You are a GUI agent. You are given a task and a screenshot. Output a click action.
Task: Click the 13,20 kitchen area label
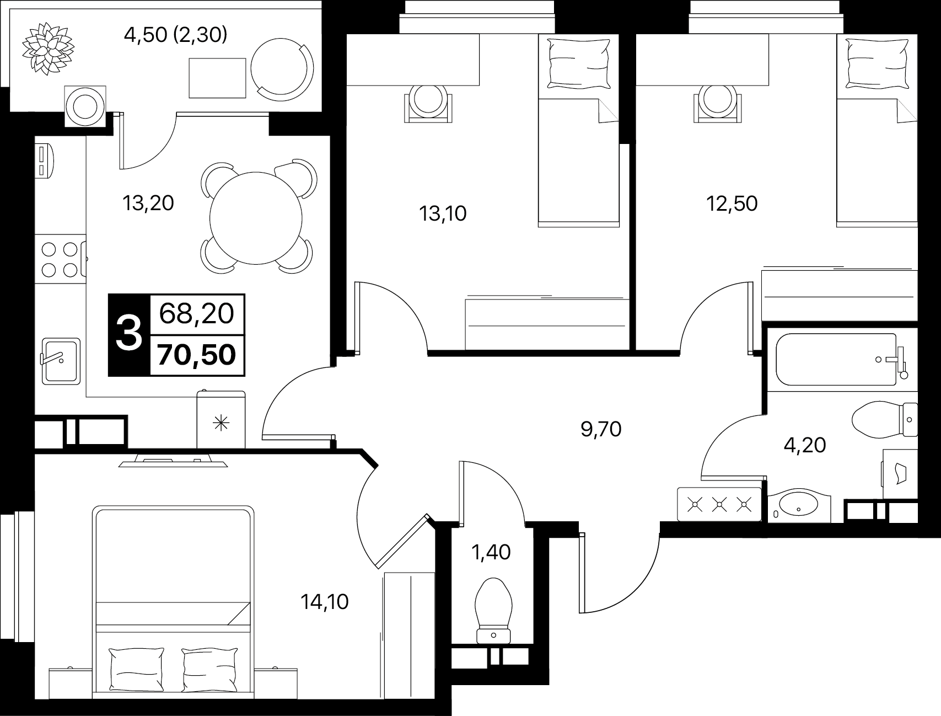148,204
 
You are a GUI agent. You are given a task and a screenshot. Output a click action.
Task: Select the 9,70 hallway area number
601,429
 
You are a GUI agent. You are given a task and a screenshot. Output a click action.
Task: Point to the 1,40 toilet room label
491,552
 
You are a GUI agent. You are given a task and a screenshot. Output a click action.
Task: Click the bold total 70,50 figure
197,355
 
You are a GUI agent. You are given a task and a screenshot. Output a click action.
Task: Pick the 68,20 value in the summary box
197,314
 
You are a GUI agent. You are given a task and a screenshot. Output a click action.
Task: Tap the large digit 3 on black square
129,335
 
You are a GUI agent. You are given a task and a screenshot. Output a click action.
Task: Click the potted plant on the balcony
47,47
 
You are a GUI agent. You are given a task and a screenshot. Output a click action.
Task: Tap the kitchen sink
61,360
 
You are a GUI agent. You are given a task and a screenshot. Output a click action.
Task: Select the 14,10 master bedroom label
325,602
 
